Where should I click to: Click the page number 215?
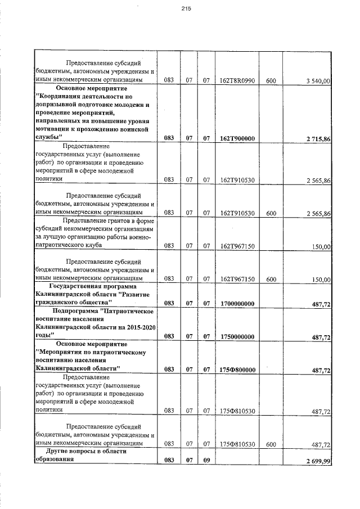(179, 8)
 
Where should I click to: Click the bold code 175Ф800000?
(237, 370)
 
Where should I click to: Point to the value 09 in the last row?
(206, 461)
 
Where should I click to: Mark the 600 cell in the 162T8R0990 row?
(271, 81)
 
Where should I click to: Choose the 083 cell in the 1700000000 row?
(168, 304)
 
